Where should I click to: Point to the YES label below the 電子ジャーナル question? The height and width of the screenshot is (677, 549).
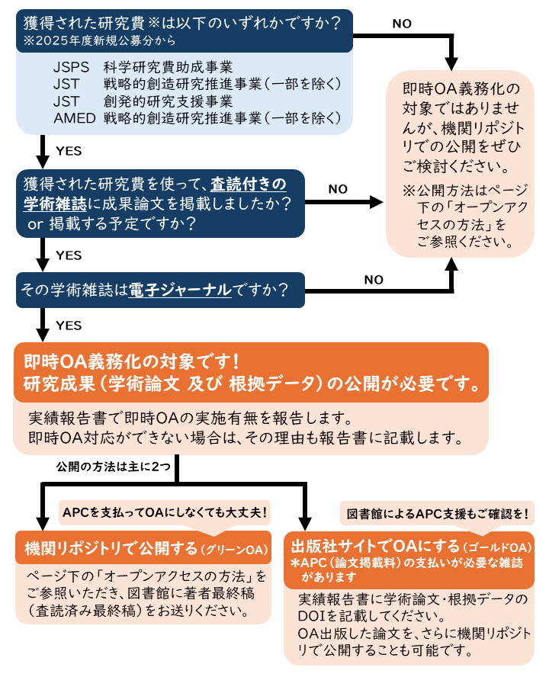pos(69,326)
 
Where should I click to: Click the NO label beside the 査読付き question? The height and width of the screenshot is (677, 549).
pos(338,189)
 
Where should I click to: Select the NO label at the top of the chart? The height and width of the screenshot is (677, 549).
pos(402,24)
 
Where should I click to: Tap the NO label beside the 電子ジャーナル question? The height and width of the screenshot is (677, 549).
pos(374,279)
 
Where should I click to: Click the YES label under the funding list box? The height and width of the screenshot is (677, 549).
pos(69,151)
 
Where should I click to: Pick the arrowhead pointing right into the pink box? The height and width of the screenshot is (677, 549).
pos(376,202)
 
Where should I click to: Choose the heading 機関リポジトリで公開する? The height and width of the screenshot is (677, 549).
pos(110,548)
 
